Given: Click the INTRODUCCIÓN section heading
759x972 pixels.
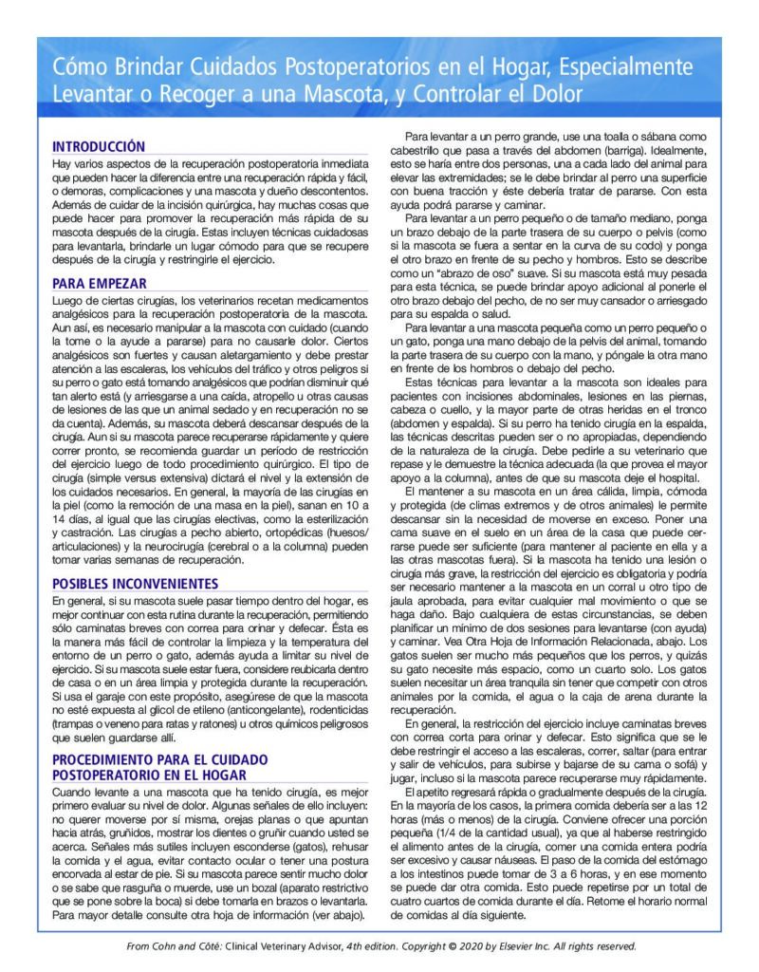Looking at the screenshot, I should coord(99,146).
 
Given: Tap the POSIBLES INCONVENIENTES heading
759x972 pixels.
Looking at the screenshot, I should coord(135,582).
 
